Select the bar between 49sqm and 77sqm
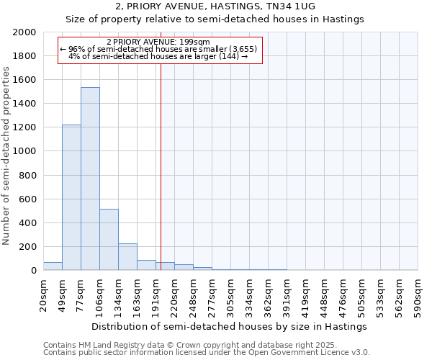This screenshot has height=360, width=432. click(71, 197)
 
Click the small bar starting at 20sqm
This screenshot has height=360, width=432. click(53, 266)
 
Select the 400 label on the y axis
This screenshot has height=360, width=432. click(29, 223)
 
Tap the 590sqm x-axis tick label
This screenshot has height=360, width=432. click(418, 295)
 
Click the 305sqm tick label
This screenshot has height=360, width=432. click(231, 295)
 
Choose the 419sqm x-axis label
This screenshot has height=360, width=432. click(306, 295)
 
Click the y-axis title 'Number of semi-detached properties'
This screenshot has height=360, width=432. click(7, 156)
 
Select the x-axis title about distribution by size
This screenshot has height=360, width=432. click(230, 326)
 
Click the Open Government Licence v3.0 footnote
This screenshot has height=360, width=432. click(207, 353)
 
